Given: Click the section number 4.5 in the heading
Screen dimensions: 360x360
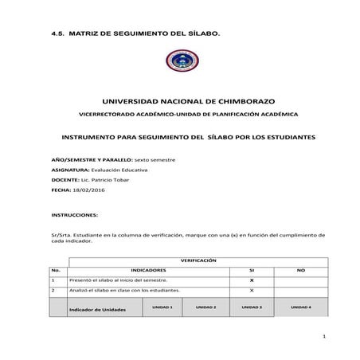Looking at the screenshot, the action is pos(57,33).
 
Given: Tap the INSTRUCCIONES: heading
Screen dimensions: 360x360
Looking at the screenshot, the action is pos(74,215).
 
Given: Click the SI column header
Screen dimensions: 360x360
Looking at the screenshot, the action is pos(250,271).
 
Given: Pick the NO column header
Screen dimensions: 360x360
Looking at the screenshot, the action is pos(301,271).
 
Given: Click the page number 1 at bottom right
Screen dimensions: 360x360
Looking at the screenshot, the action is pos(327,338).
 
